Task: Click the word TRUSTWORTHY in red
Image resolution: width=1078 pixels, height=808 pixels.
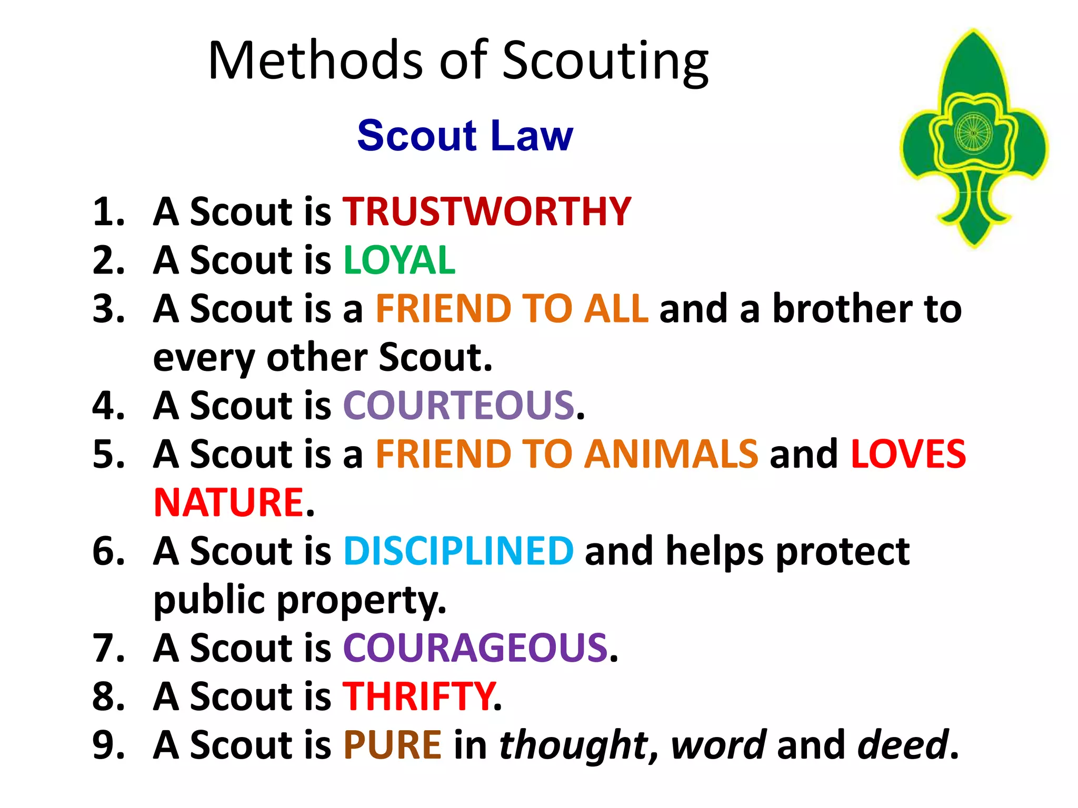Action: [487, 211]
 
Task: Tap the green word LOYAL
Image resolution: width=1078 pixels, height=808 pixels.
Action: [399, 260]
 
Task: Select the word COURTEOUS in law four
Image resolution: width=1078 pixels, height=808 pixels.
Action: [458, 406]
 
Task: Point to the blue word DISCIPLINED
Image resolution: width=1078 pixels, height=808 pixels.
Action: [458, 551]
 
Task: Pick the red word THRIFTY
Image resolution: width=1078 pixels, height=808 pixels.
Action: [419, 696]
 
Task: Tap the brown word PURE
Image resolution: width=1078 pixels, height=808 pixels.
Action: [392, 745]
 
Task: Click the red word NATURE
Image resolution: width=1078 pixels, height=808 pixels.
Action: [229, 502]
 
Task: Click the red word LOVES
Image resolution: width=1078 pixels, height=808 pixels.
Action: [909, 454]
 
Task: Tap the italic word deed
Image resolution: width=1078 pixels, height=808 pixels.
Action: [903, 745]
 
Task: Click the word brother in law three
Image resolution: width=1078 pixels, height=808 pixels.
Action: [842, 309]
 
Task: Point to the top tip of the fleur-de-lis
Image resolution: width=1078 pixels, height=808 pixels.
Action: [973, 33]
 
